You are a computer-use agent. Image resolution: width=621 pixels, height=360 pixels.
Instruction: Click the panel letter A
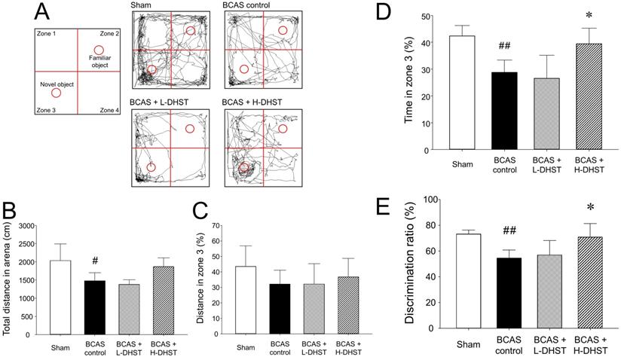[x=44, y=11]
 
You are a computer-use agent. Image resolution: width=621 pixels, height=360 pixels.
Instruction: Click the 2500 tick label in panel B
[x=26, y=244]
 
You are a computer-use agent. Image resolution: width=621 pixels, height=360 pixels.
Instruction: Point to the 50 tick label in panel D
[x=427, y=17]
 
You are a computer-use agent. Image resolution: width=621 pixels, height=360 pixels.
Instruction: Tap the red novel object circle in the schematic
[x=57, y=93]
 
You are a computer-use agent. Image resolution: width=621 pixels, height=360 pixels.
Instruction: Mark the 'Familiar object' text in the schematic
[x=99, y=62]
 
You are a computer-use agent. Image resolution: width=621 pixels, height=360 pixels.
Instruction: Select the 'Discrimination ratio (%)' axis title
[x=408, y=264]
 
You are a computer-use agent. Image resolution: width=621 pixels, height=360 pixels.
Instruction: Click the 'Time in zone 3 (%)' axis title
[x=408, y=83]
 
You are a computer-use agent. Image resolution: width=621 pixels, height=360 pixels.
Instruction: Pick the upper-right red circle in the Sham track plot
[x=190, y=31]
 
